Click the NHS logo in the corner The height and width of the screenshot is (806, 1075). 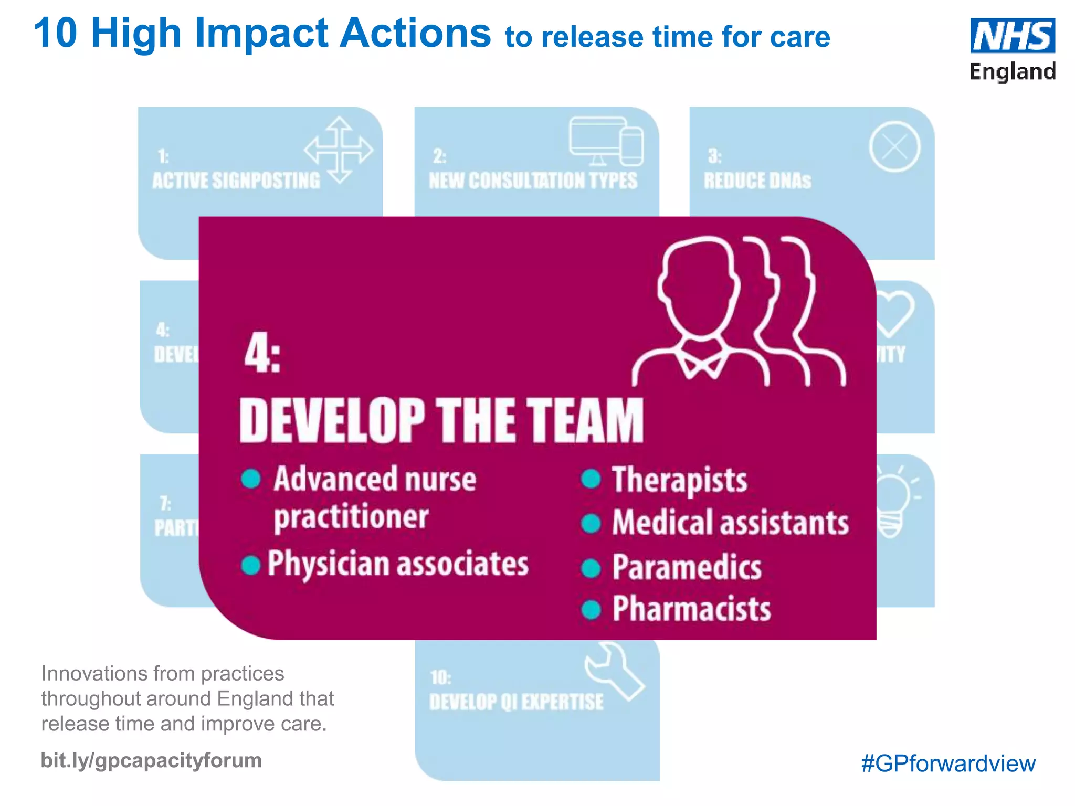[x=1012, y=36]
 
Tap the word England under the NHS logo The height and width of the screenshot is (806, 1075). [x=1012, y=71]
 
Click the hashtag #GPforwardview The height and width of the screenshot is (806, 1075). [x=948, y=763]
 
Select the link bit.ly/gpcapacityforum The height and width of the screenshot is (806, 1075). [x=151, y=760]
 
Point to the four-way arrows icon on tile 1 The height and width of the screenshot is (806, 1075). [x=339, y=150]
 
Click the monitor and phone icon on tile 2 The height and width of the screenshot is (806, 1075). [x=606, y=141]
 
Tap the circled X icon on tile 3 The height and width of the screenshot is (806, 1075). [x=894, y=147]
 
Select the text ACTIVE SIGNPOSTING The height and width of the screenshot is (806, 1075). [x=236, y=181]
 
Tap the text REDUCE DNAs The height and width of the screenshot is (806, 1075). [x=757, y=181]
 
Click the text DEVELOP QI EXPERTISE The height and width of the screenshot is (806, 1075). [x=517, y=702]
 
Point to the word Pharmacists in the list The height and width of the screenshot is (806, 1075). [x=691, y=609]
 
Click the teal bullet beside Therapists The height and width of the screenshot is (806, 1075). [x=591, y=479]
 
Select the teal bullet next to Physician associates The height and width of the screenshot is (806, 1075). [x=251, y=565]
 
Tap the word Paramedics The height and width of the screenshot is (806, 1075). [x=687, y=568]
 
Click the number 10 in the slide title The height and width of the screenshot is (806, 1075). [x=56, y=33]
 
